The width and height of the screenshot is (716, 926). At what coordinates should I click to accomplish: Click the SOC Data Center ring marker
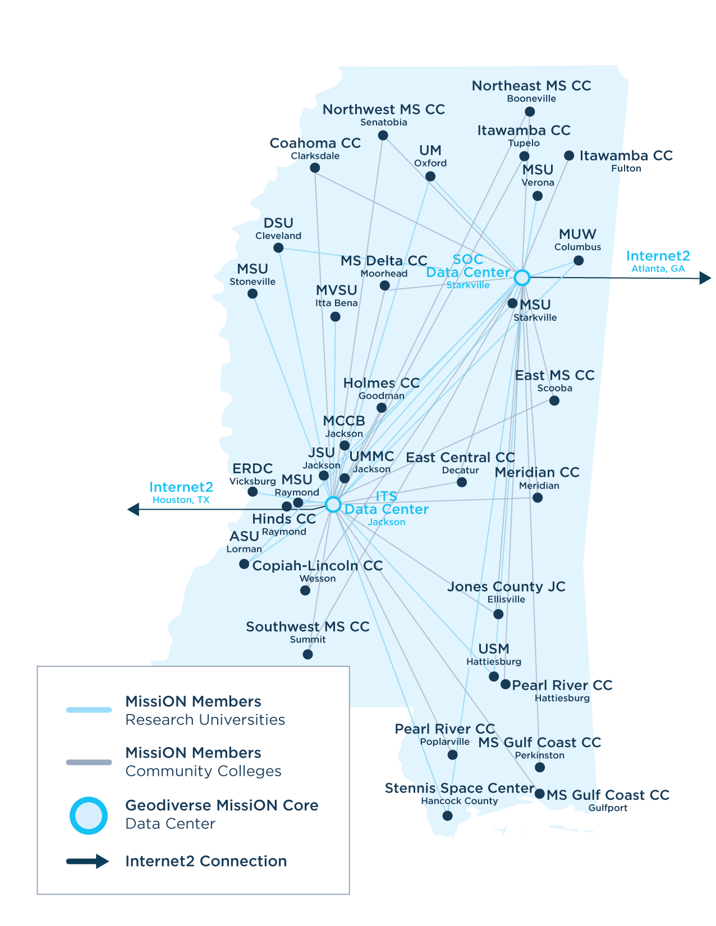pos(522,278)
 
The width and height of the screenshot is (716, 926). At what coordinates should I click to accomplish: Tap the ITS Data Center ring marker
pos(333,504)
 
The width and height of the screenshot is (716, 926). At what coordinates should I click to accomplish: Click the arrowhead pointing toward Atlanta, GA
pos(705,278)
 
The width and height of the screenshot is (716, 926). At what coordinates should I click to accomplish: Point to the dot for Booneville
pos(530,112)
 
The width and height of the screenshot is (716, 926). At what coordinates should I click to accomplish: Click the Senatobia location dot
pos(383,135)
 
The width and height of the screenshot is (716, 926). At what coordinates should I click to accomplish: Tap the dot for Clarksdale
pos(315,168)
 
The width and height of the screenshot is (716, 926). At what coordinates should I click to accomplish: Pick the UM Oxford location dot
pos(430,177)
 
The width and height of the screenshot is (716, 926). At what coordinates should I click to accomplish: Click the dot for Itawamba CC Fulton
pos(569,155)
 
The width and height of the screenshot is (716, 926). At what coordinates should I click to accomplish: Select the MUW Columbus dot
pos(579,261)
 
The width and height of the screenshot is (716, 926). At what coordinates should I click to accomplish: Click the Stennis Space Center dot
pos(447,816)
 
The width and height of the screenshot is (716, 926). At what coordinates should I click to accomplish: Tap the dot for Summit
pos(307,655)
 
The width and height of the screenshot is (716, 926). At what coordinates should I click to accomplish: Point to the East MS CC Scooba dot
pos(554,400)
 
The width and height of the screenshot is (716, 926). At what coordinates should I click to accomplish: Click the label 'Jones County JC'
pos(506,587)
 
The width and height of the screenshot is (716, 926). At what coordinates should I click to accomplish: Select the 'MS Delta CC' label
pos(384,261)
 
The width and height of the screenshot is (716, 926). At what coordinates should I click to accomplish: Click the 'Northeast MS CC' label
pos(531,86)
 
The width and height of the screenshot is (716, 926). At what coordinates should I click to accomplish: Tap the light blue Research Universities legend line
pos(89,710)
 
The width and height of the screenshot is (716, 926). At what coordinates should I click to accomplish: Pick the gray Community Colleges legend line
pos(89,762)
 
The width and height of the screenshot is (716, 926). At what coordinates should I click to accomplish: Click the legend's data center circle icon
pos(89,816)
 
